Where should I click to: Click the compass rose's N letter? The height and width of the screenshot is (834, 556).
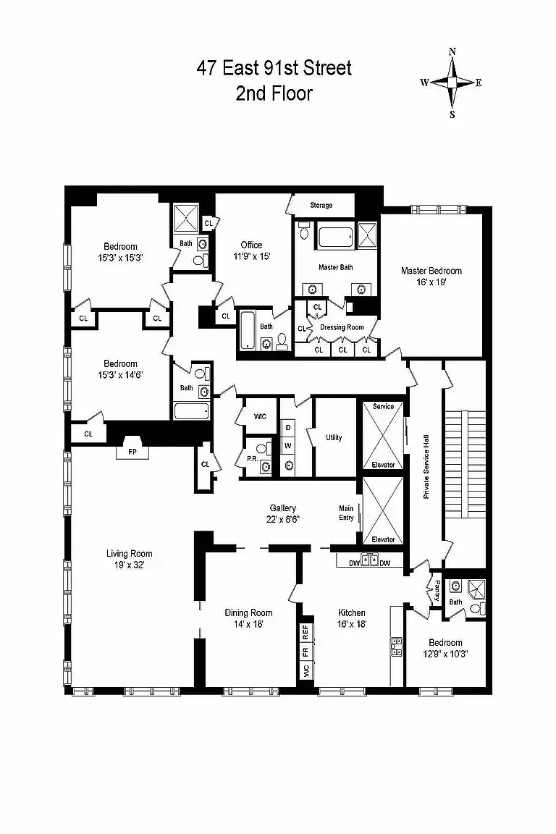tap(452, 51)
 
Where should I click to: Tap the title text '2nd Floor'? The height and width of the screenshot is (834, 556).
tap(274, 93)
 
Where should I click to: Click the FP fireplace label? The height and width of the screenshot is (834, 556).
tap(132, 452)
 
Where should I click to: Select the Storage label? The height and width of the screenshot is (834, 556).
tap(321, 206)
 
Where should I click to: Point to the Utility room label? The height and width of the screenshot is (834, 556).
tap(334, 437)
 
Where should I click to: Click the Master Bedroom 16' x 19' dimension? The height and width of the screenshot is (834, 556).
tap(431, 282)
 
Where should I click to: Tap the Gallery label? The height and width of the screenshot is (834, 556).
tap(283, 508)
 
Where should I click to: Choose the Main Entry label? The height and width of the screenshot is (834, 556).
tap(346, 513)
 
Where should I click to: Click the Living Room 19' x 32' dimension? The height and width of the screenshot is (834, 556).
tap(130, 565)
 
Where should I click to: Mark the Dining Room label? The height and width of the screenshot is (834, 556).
tap(248, 612)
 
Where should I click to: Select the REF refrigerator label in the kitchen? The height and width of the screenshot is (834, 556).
tap(306, 633)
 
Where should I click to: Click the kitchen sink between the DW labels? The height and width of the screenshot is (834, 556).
tap(370, 560)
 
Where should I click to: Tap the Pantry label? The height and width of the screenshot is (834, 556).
tap(437, 591)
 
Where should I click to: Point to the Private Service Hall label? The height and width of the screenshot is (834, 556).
tap(426, 466)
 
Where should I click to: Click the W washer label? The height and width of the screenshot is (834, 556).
tap(288, 446)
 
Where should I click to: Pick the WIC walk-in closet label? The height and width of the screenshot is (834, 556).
tap(260, 416)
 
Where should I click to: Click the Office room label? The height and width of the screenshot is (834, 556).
tap(252, 245)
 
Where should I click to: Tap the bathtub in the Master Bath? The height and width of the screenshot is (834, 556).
tap(336, 236)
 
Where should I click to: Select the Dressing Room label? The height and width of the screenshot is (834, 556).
tap(342, 328)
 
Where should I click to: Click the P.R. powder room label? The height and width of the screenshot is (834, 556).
tap(252, 458)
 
